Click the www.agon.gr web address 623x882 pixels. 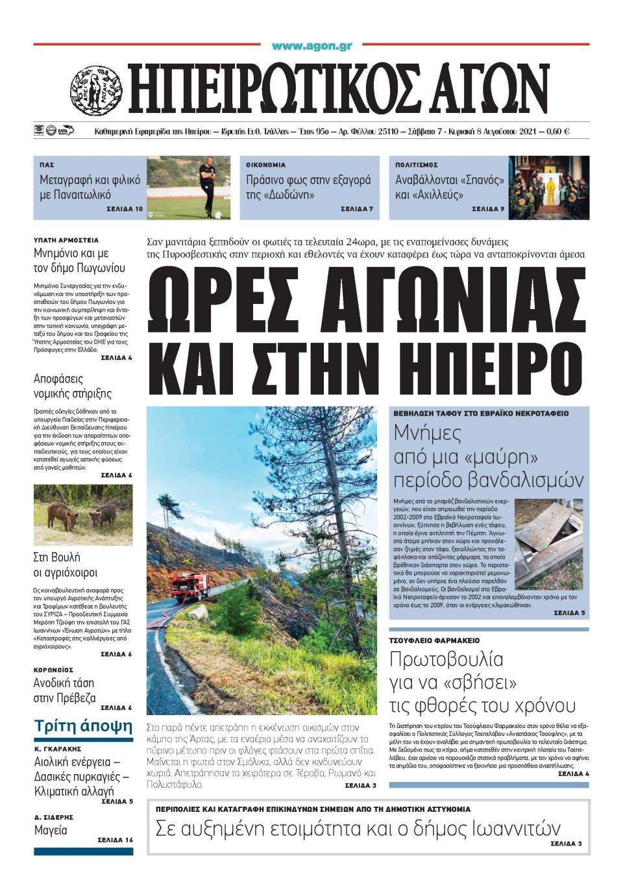point(311,46)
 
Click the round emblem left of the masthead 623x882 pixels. point(97,90)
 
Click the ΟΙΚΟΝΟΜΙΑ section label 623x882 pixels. point(265,165)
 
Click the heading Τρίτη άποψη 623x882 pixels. point(83,726)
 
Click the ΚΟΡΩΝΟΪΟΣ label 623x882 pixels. point(53,670)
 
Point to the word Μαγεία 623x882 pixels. point(50,830)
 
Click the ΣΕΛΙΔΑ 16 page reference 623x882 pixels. point(115,840)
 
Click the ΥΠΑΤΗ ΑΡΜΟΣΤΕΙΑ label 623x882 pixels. point(66,240)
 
